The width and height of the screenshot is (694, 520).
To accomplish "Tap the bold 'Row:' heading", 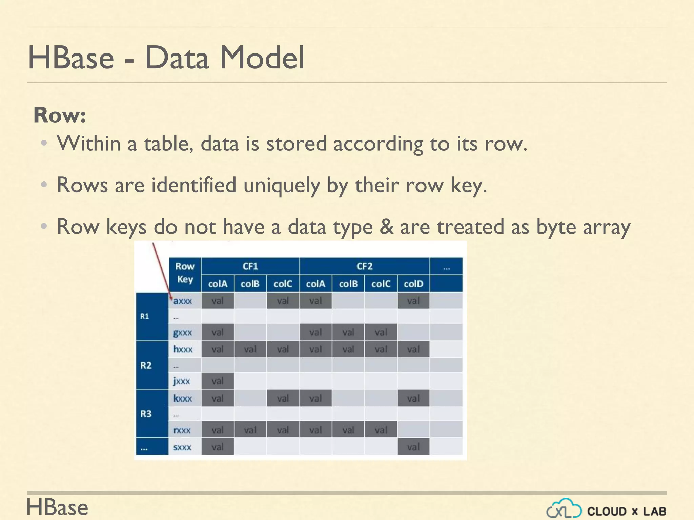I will (60, 115).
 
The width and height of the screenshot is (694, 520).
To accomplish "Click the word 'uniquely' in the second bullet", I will (281, 185).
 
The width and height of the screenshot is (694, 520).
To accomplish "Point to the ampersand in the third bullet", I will (386, 226).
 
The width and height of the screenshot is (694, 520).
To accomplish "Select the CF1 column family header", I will (250, 266).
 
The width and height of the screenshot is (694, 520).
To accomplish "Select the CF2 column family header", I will (364, 266).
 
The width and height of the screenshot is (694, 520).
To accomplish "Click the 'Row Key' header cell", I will (185, 273).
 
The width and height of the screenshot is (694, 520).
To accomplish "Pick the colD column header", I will (413, 284).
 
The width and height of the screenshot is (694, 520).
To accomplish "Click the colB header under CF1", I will (250, 284).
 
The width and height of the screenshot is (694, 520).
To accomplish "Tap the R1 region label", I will (145, 316).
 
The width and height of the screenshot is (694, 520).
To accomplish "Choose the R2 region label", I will (146, 365).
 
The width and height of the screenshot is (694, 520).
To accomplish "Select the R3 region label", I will (146, 414).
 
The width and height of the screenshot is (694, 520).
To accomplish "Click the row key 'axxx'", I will (183, 301).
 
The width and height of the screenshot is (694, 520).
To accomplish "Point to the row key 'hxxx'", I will (183, 349).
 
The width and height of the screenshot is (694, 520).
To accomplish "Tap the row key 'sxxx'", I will (182, 447).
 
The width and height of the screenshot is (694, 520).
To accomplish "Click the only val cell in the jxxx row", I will (217, 381).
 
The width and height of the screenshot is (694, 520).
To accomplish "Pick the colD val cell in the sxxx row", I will (413, 447).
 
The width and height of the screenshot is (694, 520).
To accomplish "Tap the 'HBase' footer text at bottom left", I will (57, 507).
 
